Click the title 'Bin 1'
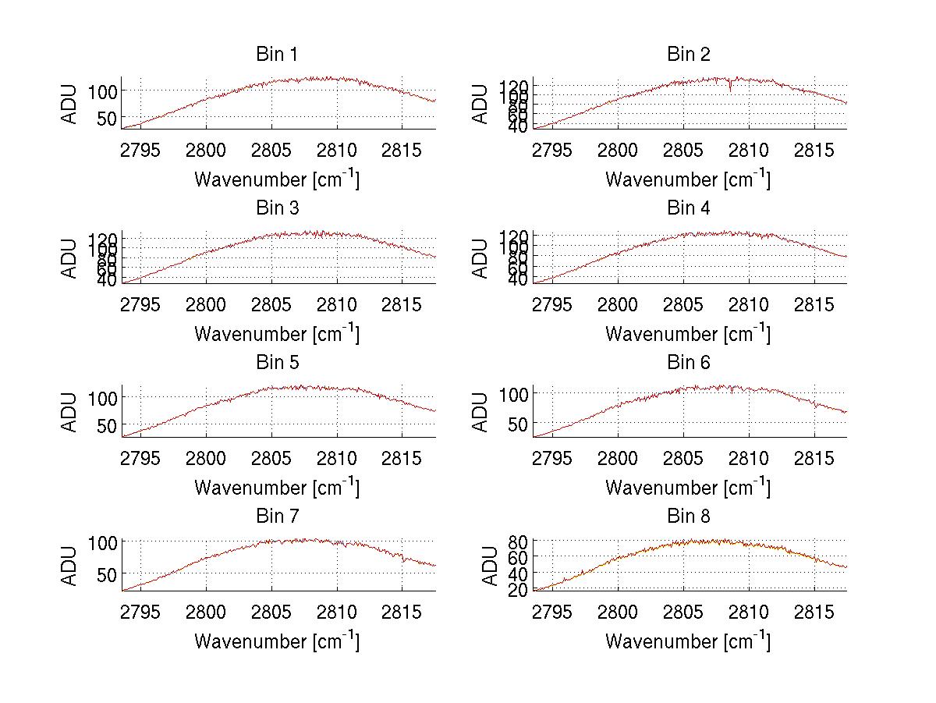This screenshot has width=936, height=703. (276, 55)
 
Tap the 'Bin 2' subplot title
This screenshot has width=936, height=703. (688, 55)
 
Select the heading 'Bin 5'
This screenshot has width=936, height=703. (276, 363)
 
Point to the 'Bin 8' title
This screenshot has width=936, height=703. (688, 517)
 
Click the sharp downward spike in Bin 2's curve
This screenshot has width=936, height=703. (730, 90)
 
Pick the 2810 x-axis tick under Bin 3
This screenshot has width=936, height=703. (337, 304)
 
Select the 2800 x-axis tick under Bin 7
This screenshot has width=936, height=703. (207, 611)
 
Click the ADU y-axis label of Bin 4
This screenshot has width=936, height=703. (481, 258)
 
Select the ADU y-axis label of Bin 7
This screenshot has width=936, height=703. (70, 566)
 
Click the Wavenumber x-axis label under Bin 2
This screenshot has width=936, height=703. (687, 180)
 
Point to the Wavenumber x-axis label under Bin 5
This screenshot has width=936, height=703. (276, 488)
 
